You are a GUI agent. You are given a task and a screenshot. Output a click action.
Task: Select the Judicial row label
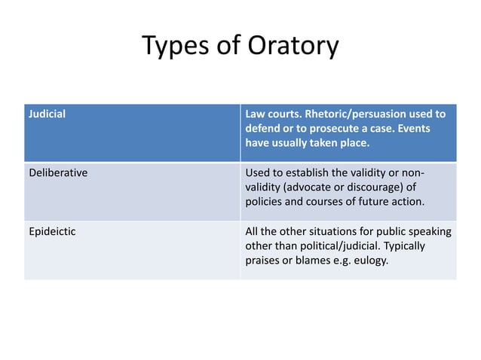[47, 114]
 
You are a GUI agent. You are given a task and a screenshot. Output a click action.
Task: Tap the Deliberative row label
[58, 172]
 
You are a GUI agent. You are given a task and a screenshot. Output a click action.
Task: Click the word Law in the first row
[255, 114]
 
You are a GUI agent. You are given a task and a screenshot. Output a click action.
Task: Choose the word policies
[264, 202]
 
